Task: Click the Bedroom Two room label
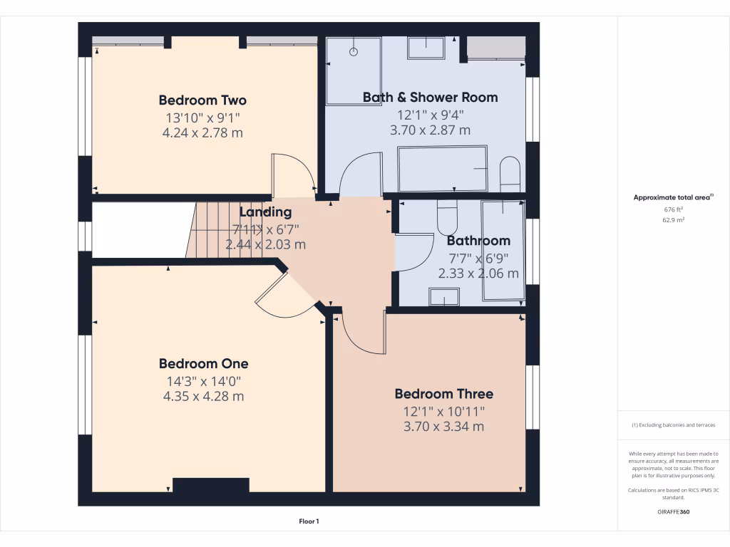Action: coord(202,100)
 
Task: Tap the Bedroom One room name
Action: coord(203,364)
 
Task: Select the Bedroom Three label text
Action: coord(443,394)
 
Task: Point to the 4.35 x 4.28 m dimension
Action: coord(203,396)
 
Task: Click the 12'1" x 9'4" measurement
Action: coord(430,114)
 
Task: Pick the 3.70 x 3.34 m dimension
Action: coord(443,427)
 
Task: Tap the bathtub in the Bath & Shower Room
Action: coord(442,169)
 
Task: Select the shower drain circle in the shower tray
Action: coord(354,52)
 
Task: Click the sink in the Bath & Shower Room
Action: coord(426,48)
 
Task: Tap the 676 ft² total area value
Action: coord(673,210)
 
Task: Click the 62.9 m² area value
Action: coord(673,221)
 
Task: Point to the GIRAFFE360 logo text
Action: coord(673,511)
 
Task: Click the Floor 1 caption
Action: coord(309,522)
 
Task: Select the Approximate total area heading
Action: coord(673,198)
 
